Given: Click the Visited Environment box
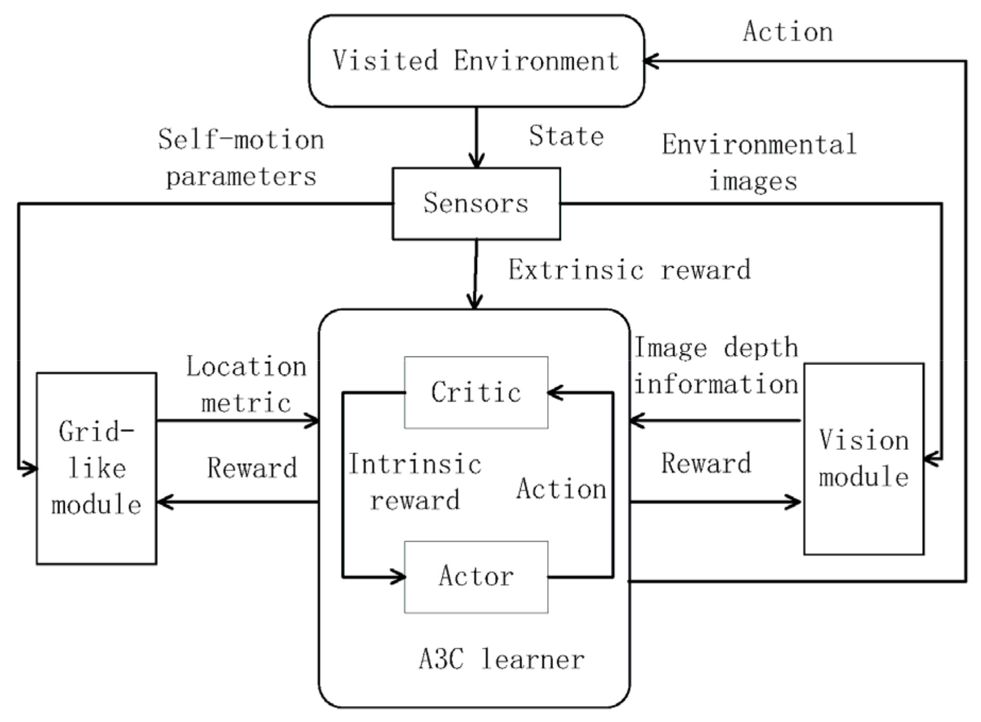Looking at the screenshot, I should [x=476, y=61].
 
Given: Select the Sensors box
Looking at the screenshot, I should [x=476, y=203].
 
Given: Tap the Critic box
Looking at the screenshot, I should [x=476, y=392].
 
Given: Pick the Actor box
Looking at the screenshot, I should [x=476, y=576].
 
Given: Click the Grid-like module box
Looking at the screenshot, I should [x=96, y=468].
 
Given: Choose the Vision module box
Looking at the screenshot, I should [x=863, y=458].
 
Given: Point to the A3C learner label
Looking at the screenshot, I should [x=501, y=659].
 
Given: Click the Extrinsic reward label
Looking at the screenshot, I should [x=630, y=270].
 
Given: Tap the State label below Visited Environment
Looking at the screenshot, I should [x=566, y=137].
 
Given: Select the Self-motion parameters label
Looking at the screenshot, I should [x=241, y=158].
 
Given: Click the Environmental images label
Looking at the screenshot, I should [x=759, y=162].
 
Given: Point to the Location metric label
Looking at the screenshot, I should [x=246, y=385].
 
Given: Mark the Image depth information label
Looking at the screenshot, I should [x=716, y=366].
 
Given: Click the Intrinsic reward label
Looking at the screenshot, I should [x=415, y=482].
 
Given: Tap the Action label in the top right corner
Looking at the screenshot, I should [x=787, y=32].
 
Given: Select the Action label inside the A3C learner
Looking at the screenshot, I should [x=561, y=489].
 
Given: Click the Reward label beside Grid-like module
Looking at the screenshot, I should [x=251, y=468].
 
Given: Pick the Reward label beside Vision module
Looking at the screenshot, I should [x=706, y=463].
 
